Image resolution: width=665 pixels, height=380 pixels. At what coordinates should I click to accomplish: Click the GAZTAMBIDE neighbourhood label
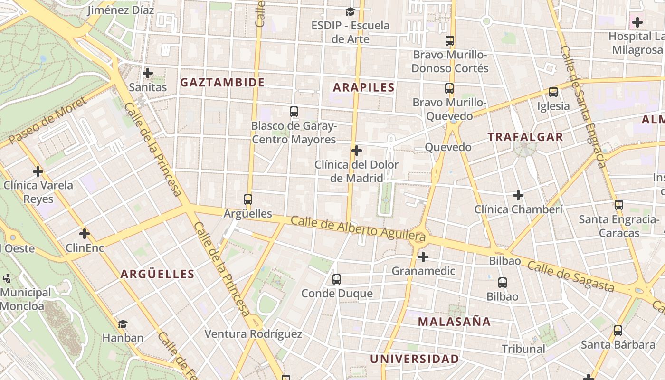222,82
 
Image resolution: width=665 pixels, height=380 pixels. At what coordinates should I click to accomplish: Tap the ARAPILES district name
363,87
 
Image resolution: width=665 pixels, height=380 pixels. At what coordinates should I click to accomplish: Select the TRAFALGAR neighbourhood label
525,137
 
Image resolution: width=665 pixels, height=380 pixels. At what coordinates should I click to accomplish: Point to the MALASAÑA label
454,322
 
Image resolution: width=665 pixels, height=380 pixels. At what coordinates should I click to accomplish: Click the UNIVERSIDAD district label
414,359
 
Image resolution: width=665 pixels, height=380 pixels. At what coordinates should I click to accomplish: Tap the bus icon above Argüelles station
247,199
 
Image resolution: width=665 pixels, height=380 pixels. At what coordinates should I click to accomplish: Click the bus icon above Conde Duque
337,279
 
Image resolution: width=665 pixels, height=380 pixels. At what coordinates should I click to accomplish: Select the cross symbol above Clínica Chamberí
518,195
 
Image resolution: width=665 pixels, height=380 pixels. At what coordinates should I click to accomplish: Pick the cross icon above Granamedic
423,257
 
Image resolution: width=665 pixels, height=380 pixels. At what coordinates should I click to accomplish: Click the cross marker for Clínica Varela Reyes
38,171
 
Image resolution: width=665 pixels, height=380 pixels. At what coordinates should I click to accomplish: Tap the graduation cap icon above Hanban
123,324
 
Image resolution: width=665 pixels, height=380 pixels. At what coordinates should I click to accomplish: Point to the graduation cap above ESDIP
350,11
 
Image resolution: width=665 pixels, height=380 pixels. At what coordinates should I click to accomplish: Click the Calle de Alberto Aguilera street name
358,227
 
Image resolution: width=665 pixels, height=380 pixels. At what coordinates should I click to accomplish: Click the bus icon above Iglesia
553,92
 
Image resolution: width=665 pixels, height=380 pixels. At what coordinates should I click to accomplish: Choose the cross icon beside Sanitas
148,73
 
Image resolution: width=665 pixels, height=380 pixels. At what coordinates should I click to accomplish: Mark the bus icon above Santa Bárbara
618,331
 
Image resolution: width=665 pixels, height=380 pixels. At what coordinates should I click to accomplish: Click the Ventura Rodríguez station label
253,334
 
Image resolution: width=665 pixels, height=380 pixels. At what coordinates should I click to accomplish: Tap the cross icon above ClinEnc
85,234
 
